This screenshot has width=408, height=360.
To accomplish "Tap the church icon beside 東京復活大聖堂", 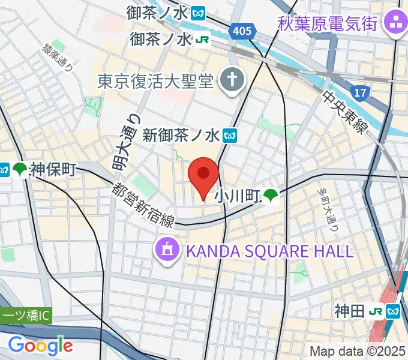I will pyautogui.click(x=230, y=80).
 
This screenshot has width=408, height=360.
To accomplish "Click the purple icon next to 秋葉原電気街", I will pyautogui.click(x=395, y=25).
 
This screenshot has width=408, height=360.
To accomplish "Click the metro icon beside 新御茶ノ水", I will pyautogui.click(x=231, y=136).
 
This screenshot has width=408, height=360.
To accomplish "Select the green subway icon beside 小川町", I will pyautogui.click(x=272, y=194).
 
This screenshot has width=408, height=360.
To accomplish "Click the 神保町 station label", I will pyautogui.click(x=52, y=170).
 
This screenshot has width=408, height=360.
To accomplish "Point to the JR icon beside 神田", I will pyautogui.click(x=377, y=311).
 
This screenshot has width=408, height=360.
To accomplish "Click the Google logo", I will pyautogui.click(x=40, y=346).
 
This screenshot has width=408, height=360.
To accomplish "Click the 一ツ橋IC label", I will pyautogui.click(x=27, y=315).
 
